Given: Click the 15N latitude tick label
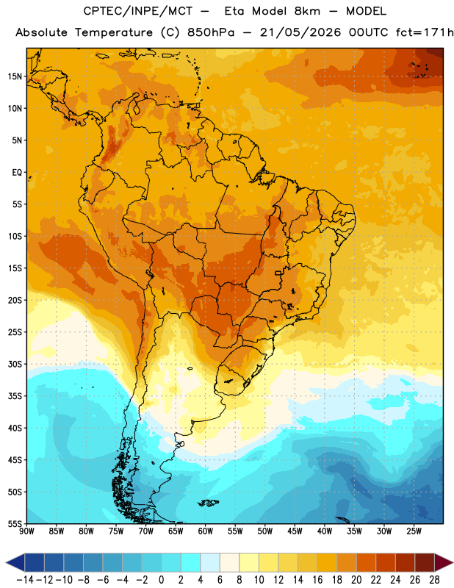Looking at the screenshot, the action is click(15, 76).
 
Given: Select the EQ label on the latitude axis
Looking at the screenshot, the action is click(17, 173).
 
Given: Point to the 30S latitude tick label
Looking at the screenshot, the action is click(15, 364).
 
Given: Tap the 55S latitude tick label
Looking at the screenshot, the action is click(15, 523).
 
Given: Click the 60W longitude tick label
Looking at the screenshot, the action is click(206, 531).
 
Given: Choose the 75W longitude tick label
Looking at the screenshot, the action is click(116, 531).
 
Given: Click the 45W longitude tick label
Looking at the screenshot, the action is click(295, 531).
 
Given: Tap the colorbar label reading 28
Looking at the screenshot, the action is click(434, 580).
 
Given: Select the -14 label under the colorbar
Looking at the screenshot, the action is click(25, 580).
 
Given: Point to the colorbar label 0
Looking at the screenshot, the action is click(162, 580).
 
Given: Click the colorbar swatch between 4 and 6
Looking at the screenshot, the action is click(210, 562).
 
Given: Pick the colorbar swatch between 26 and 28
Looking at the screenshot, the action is click(425, 562).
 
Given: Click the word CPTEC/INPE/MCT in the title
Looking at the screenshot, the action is click(137, 11).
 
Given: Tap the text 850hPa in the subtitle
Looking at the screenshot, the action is click(211, 32).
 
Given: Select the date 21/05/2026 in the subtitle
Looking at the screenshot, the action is click(300, 32).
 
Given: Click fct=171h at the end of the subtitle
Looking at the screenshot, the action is click(425, 32).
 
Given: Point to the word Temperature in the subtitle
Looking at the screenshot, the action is click(114, 32).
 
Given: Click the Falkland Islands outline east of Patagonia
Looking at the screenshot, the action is click(208, 503).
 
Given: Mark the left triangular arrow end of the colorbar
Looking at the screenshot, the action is click(15, 562).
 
